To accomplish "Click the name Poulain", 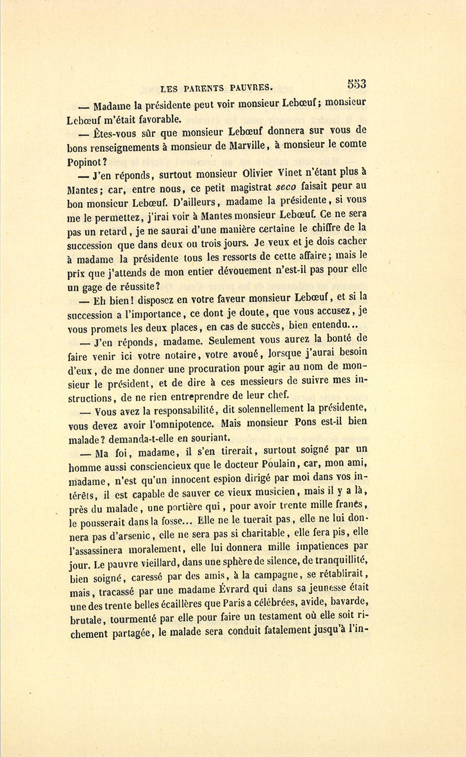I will (284, 463).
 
